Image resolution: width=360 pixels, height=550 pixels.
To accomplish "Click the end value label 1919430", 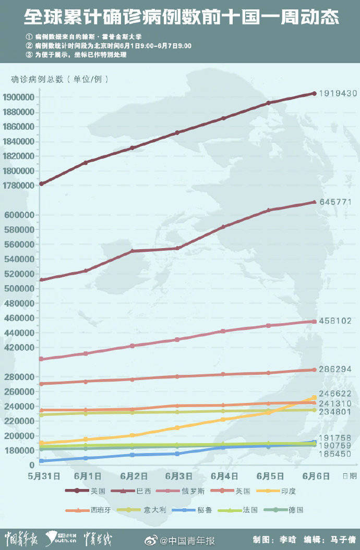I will click(338, 93).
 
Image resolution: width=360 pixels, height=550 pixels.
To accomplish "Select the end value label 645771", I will click(338, 202).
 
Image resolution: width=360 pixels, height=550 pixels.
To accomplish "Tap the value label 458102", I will click(338, 321).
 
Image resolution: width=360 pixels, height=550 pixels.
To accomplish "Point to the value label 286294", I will click(338, 369).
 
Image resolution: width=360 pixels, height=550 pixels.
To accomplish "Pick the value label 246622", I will click(338, 394).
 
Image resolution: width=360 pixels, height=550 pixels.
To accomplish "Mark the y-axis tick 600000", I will click(20, 215).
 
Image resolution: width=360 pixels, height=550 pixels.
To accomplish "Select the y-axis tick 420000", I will click(20, 347).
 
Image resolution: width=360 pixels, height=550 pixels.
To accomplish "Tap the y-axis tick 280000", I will click(20, 377).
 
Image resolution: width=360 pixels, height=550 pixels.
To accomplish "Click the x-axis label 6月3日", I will click(178, 476).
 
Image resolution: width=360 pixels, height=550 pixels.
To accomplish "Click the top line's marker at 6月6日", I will click(314, 93).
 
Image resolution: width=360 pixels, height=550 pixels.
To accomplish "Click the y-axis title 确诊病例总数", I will click(37, 79).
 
